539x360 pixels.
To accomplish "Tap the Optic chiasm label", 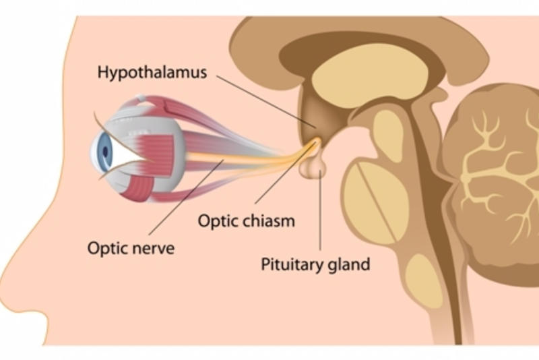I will [246, 220].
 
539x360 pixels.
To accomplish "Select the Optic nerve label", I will [131, 247].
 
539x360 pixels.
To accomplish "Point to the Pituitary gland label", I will [315, 264].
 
